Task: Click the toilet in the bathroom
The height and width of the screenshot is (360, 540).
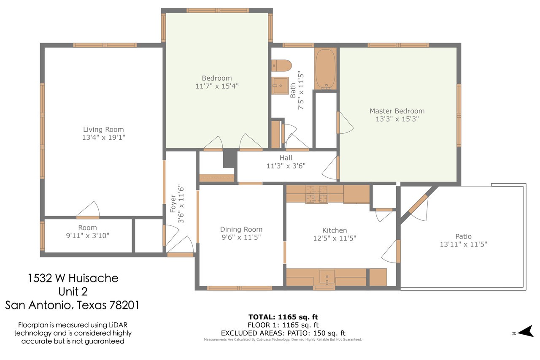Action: [281, 65]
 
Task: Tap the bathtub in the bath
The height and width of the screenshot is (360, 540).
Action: [325, 69]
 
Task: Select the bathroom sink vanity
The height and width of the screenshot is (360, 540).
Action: [280, 86]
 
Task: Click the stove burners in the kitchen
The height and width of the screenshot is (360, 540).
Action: [316, 194]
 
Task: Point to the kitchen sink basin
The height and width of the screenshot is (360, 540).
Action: [327, 277]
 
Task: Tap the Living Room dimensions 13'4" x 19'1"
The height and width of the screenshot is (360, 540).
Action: [104, 138]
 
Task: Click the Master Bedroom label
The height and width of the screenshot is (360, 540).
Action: [397, 111]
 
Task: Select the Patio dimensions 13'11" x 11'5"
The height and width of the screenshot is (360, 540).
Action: [463, 244]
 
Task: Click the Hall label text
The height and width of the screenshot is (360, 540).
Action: [286, 158]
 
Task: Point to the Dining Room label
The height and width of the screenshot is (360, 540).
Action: [241, 229]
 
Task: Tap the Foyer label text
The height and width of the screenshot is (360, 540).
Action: [173, 204]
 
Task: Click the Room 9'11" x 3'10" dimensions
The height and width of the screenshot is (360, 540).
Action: [87, 235]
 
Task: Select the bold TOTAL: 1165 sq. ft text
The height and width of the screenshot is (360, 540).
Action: [283, 317]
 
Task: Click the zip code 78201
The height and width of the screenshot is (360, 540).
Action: [124, 305]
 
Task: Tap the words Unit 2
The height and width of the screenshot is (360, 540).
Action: [73, 292]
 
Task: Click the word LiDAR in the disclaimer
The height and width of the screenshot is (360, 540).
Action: [118, 325]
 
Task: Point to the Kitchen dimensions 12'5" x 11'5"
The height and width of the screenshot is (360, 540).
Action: [335, 238]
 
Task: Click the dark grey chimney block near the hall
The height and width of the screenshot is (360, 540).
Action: [229, 158]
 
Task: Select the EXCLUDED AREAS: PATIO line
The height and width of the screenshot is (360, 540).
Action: [283, 333]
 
